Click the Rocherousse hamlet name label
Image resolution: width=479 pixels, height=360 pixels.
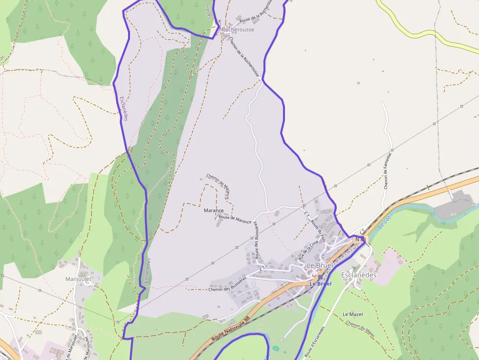238,30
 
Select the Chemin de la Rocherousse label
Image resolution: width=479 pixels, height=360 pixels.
243,57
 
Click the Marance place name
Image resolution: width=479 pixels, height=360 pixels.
213,211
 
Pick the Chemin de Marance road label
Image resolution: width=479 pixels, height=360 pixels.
218,187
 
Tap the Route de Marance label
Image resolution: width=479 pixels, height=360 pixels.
235,219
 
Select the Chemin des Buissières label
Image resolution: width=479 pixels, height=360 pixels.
226,289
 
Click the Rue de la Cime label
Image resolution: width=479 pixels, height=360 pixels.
308,248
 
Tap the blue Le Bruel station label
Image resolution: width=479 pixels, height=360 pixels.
321,284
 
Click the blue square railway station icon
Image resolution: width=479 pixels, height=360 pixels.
320,277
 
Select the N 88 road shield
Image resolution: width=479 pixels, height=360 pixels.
360,239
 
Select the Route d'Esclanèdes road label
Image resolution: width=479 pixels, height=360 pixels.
315,342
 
